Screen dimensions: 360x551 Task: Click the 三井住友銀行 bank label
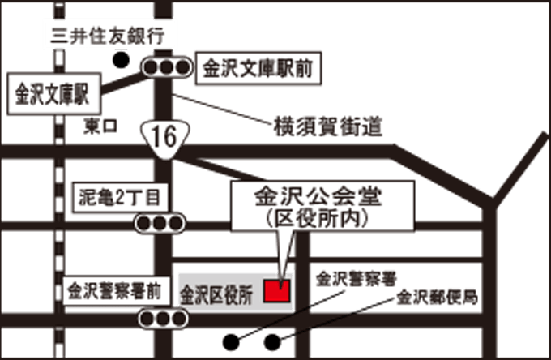(x=107, y=36)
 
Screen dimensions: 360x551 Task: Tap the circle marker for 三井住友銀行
(x=122, y=60)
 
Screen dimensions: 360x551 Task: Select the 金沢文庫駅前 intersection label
(x=258, y=68)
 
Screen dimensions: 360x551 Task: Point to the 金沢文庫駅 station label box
(x=52, y=94)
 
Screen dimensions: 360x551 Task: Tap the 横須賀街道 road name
(x=327, y=127)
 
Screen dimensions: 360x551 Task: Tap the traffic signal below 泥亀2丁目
(x=160, y=222)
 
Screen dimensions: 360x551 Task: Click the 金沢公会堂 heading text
(x=317, y=198)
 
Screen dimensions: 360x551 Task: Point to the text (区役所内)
(x=317, y=217)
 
